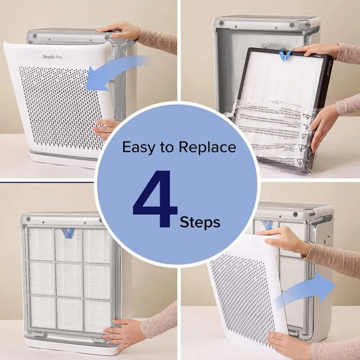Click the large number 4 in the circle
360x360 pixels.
point(154,199)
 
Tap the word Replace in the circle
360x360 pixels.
point(207,147)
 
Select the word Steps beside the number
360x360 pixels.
point(200,222)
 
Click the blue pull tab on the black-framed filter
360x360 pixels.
point(285,55)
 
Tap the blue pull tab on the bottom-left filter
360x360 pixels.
point(68,233)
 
